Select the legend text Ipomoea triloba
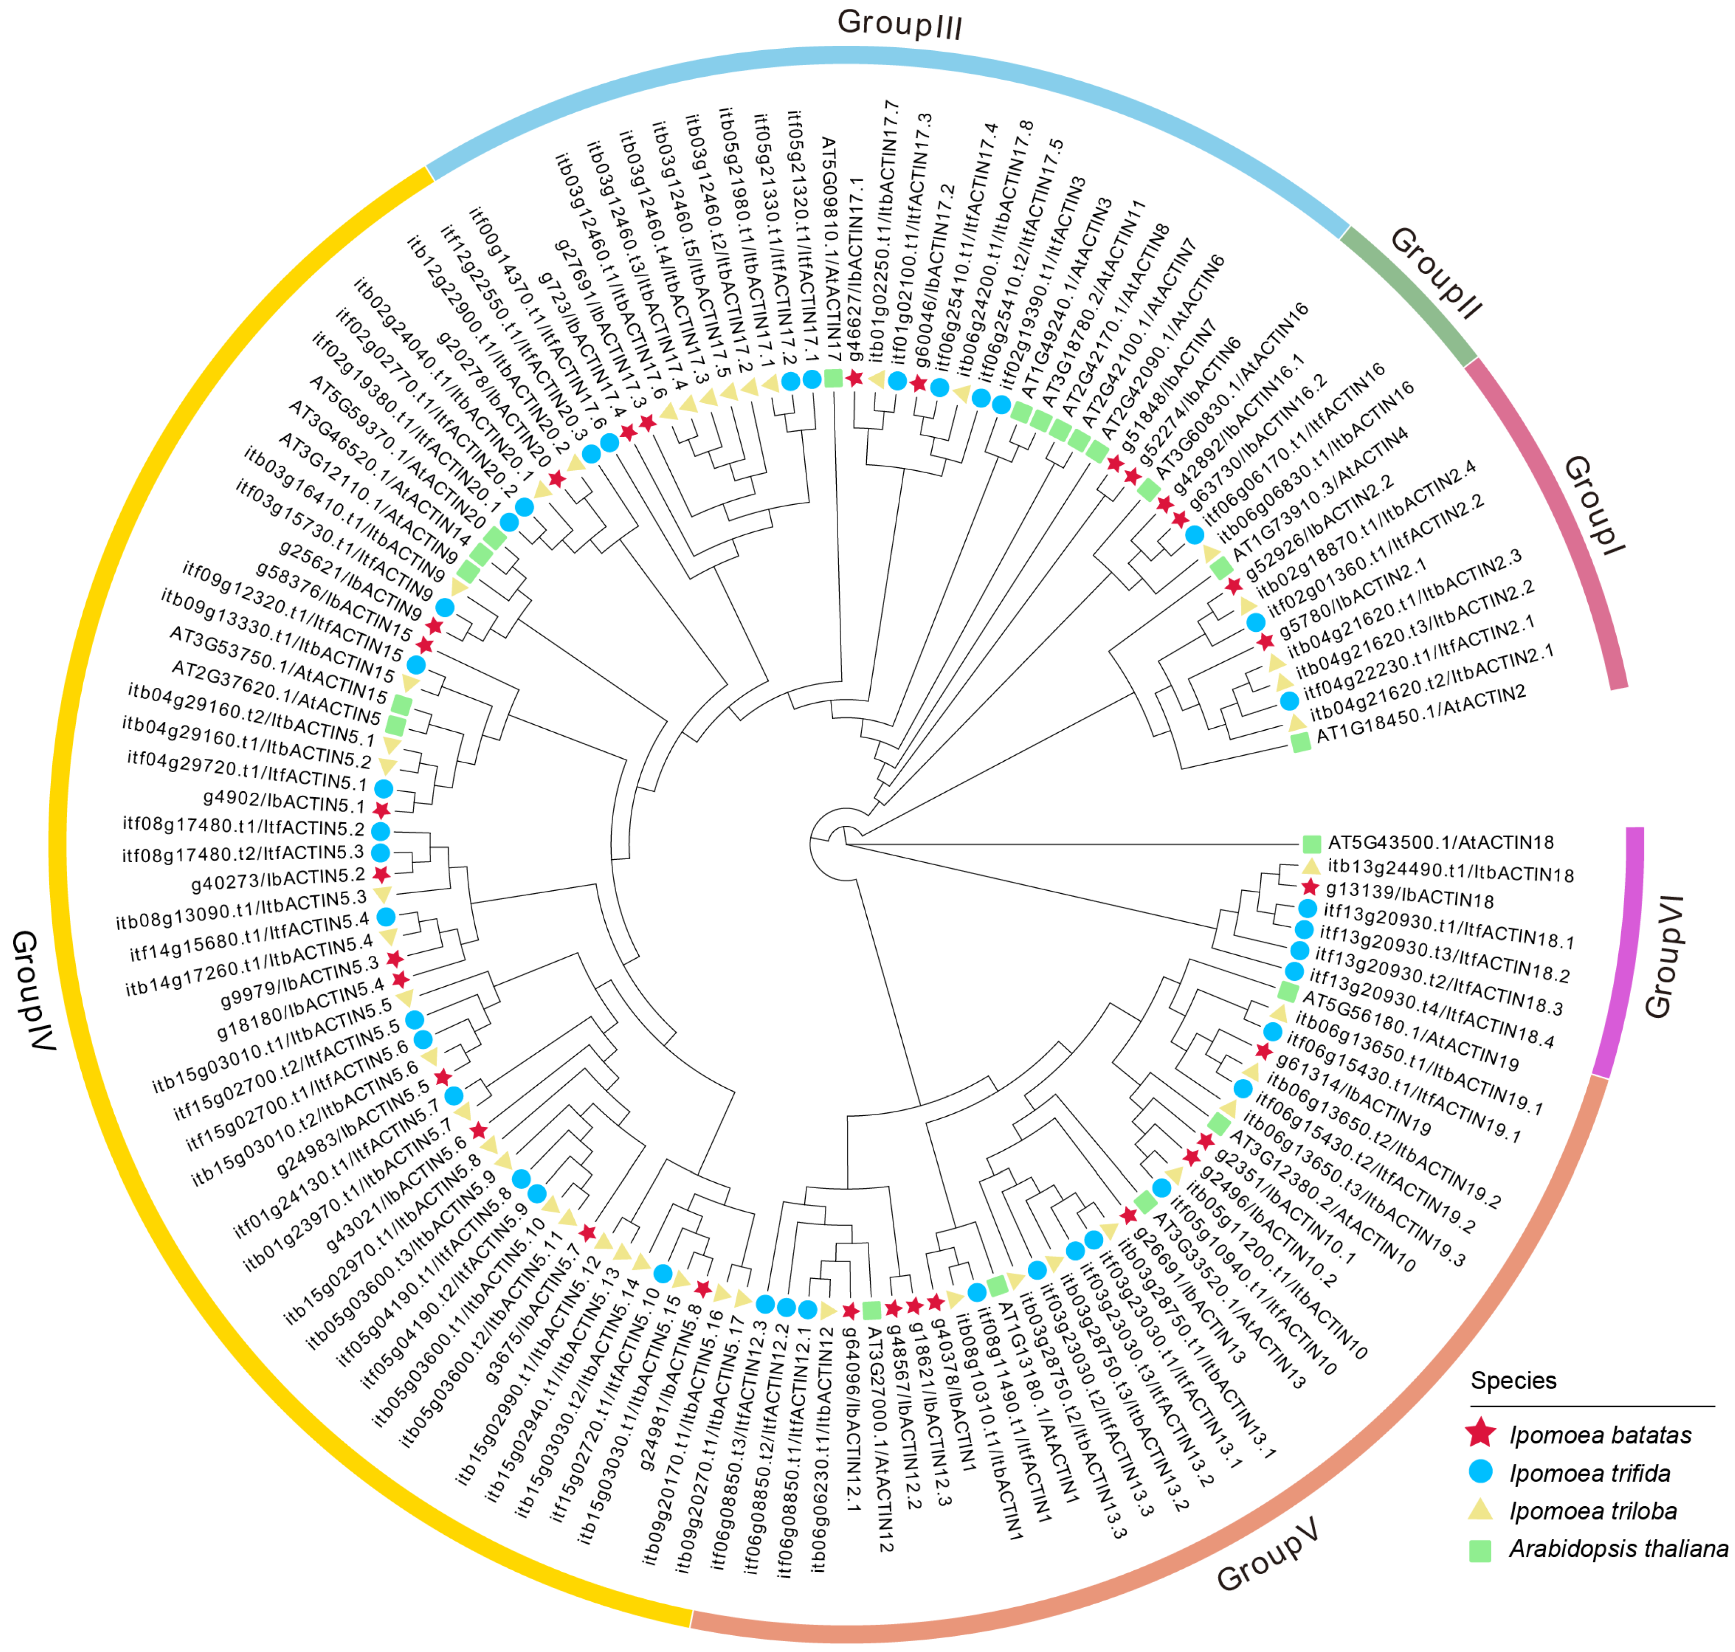[x=1592, y=1511]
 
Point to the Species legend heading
[x=1513, y=1381]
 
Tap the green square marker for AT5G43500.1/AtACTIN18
[x=1311, y=843]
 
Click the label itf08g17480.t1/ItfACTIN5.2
[x=243, y=827]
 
